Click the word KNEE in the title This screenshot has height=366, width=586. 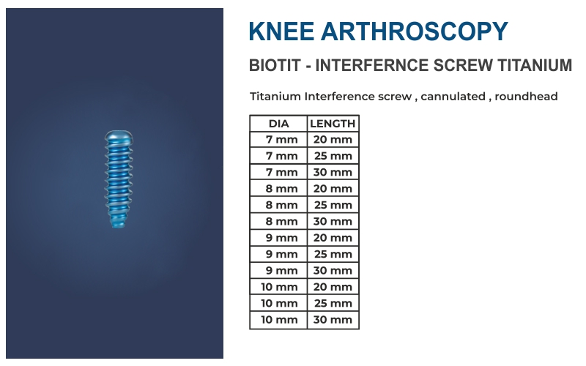281,31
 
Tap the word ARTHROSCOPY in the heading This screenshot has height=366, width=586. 415,31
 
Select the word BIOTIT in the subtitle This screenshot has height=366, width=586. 275,65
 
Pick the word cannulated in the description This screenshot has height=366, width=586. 453,97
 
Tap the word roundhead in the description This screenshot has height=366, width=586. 526,97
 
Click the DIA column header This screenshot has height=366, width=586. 279,124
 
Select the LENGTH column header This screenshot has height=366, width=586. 333,124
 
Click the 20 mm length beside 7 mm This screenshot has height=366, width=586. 333,140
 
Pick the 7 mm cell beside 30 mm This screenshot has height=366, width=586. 282,173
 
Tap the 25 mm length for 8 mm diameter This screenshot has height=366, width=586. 333,205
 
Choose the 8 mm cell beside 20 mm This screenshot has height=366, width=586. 282,189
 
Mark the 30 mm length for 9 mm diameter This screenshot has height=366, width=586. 333,270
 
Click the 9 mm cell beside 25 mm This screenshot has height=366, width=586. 282,254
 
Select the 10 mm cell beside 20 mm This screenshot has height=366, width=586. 279,287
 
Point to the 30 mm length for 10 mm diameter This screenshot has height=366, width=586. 333,320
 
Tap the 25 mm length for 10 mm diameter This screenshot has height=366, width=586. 333,303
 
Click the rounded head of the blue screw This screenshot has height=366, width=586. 119,137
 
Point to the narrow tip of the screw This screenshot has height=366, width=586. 118,223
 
